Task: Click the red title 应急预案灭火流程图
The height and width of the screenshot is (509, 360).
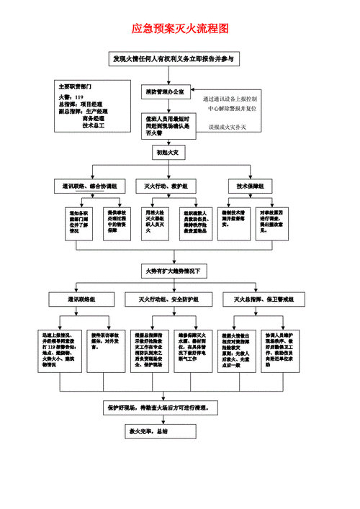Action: pyautogui.click(x=180, y=30)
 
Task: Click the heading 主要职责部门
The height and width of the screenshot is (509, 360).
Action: pyautogui.click(x=75, y=85)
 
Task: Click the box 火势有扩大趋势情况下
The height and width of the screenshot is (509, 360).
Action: pyautogui.click(x=174, y=271)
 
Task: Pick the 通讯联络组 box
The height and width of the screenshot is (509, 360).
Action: pyautogui.click(x=81, y=299)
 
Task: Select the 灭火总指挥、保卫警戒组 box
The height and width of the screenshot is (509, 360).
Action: pyautogui.click(x=262, y=299)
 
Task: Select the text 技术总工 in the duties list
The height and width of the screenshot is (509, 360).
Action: pyautogui.click(x=94, y=126)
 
